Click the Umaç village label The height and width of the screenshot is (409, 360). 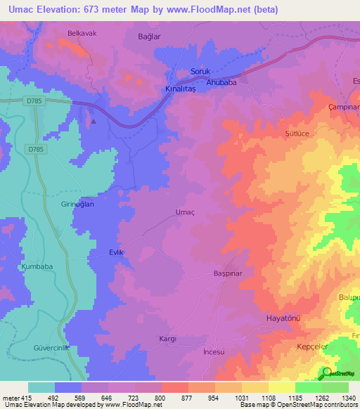click(x=184, y=212)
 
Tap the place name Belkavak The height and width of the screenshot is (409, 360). click(x=81, y=33)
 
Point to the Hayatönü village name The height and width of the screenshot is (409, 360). click(x=283, y=318)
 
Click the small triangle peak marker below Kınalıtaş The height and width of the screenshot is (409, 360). click(x=93, y=120)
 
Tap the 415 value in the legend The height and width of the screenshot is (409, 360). click(x=20, y=397)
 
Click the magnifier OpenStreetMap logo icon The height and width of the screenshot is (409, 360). click(x=327, y=374)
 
